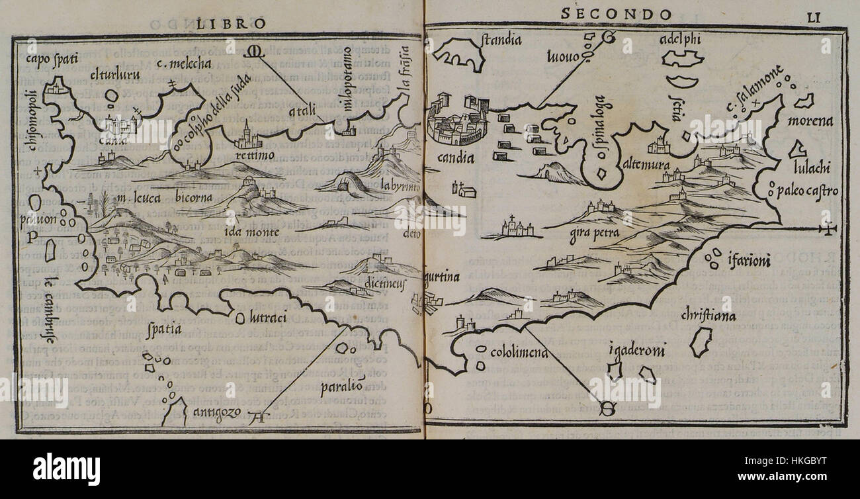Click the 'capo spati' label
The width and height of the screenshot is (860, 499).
point(52,60)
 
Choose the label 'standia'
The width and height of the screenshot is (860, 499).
point(502,40)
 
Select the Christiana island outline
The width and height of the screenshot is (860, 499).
point(697,341)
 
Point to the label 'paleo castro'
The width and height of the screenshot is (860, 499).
point(809,191)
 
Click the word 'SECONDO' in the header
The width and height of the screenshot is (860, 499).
point(616,14)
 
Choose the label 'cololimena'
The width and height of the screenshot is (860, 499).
point(519,353)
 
